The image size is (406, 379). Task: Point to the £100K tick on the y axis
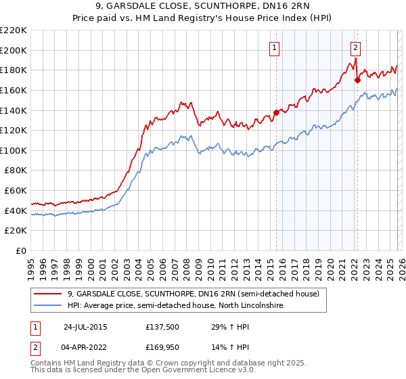(x=14, y=150)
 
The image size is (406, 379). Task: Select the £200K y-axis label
(x=14, y=50)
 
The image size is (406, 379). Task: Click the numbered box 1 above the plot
(x=274, y=47)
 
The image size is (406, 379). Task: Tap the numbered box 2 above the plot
(x=355, y=47)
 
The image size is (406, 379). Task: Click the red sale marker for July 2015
(x=276, y=112)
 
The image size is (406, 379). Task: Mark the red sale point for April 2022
(x=357, y=80)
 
